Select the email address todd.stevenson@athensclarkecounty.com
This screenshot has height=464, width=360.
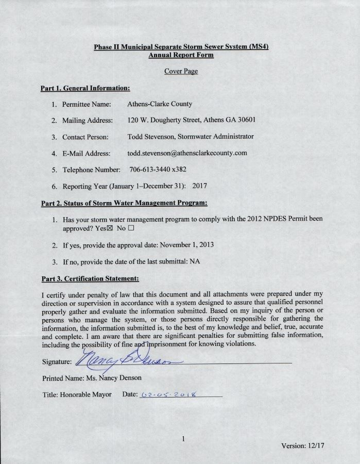tap(187, 153)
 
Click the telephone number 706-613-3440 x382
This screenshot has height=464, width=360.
tap(154, 170)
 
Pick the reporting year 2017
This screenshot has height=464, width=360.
tap(199, 186)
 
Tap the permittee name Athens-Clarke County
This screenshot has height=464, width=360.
tap(160, 104)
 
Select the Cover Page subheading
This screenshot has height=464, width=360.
tap(181, 71)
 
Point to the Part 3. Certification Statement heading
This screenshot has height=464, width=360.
tap(90, 279)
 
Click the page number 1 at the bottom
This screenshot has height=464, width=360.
tap(183, 439)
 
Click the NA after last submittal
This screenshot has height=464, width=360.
tap(195, 261)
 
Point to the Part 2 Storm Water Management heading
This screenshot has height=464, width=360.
tap(124, 203)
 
